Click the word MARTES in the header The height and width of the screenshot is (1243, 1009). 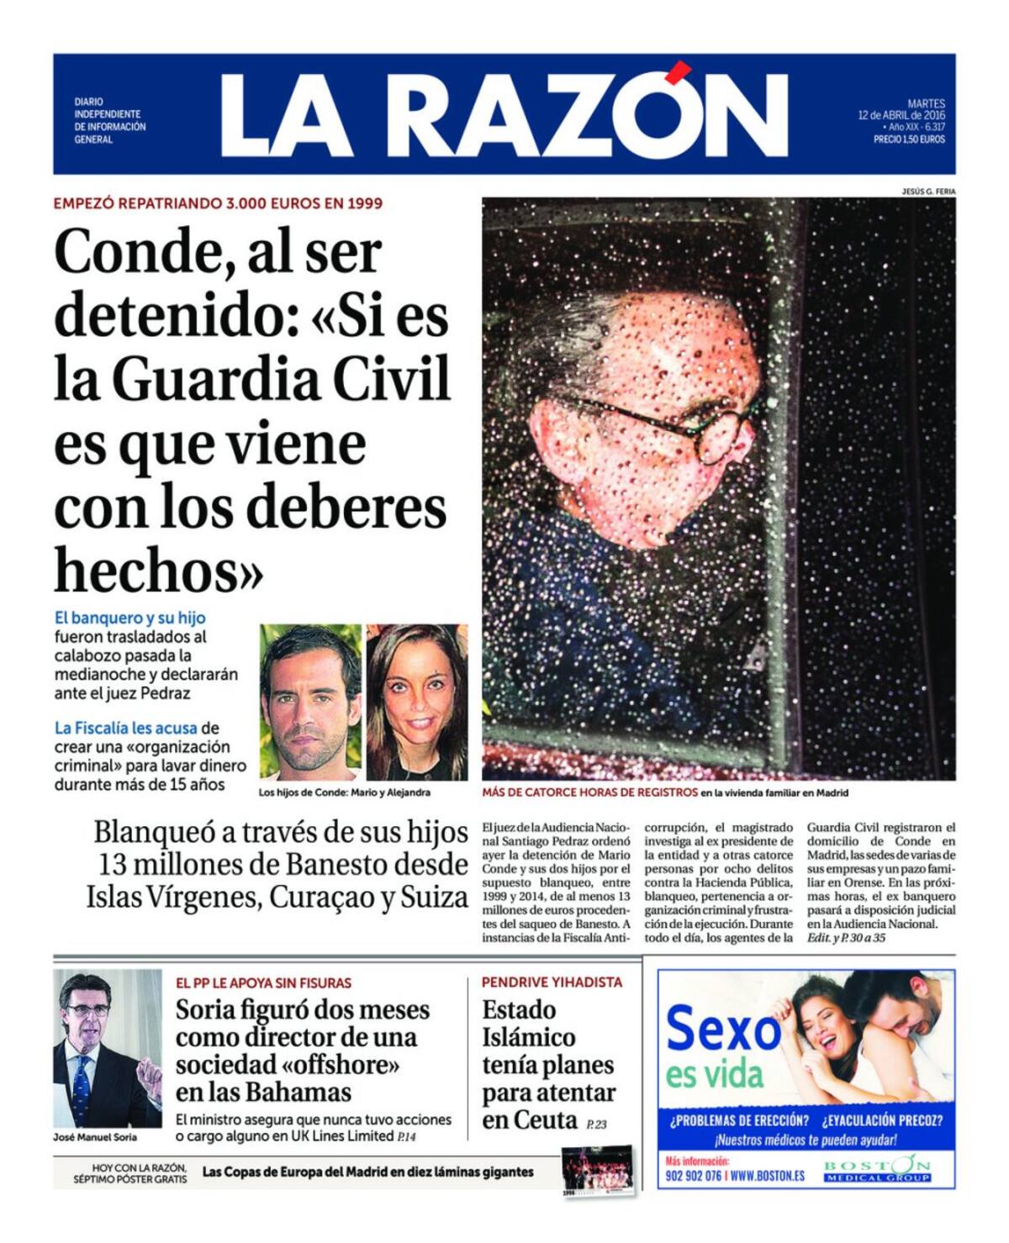926,103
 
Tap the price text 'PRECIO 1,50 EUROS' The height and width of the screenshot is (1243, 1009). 909,140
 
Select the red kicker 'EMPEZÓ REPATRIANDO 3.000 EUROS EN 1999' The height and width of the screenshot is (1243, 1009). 218,203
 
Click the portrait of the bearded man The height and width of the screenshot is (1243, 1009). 310,701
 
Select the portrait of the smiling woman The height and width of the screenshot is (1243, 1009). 417,701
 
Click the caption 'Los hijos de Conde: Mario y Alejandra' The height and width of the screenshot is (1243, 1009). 345,793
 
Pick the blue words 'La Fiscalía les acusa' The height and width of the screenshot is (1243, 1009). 126,728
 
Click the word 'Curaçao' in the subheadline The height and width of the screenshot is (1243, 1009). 322,898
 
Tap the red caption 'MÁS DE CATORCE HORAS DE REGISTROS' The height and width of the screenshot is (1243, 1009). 589,793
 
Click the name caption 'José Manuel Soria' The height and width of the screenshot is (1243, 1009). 94,1137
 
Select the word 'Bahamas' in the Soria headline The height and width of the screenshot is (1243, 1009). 298,1092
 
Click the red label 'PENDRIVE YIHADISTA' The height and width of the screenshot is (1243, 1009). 552,982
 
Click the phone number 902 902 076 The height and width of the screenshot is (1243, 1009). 693,1176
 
